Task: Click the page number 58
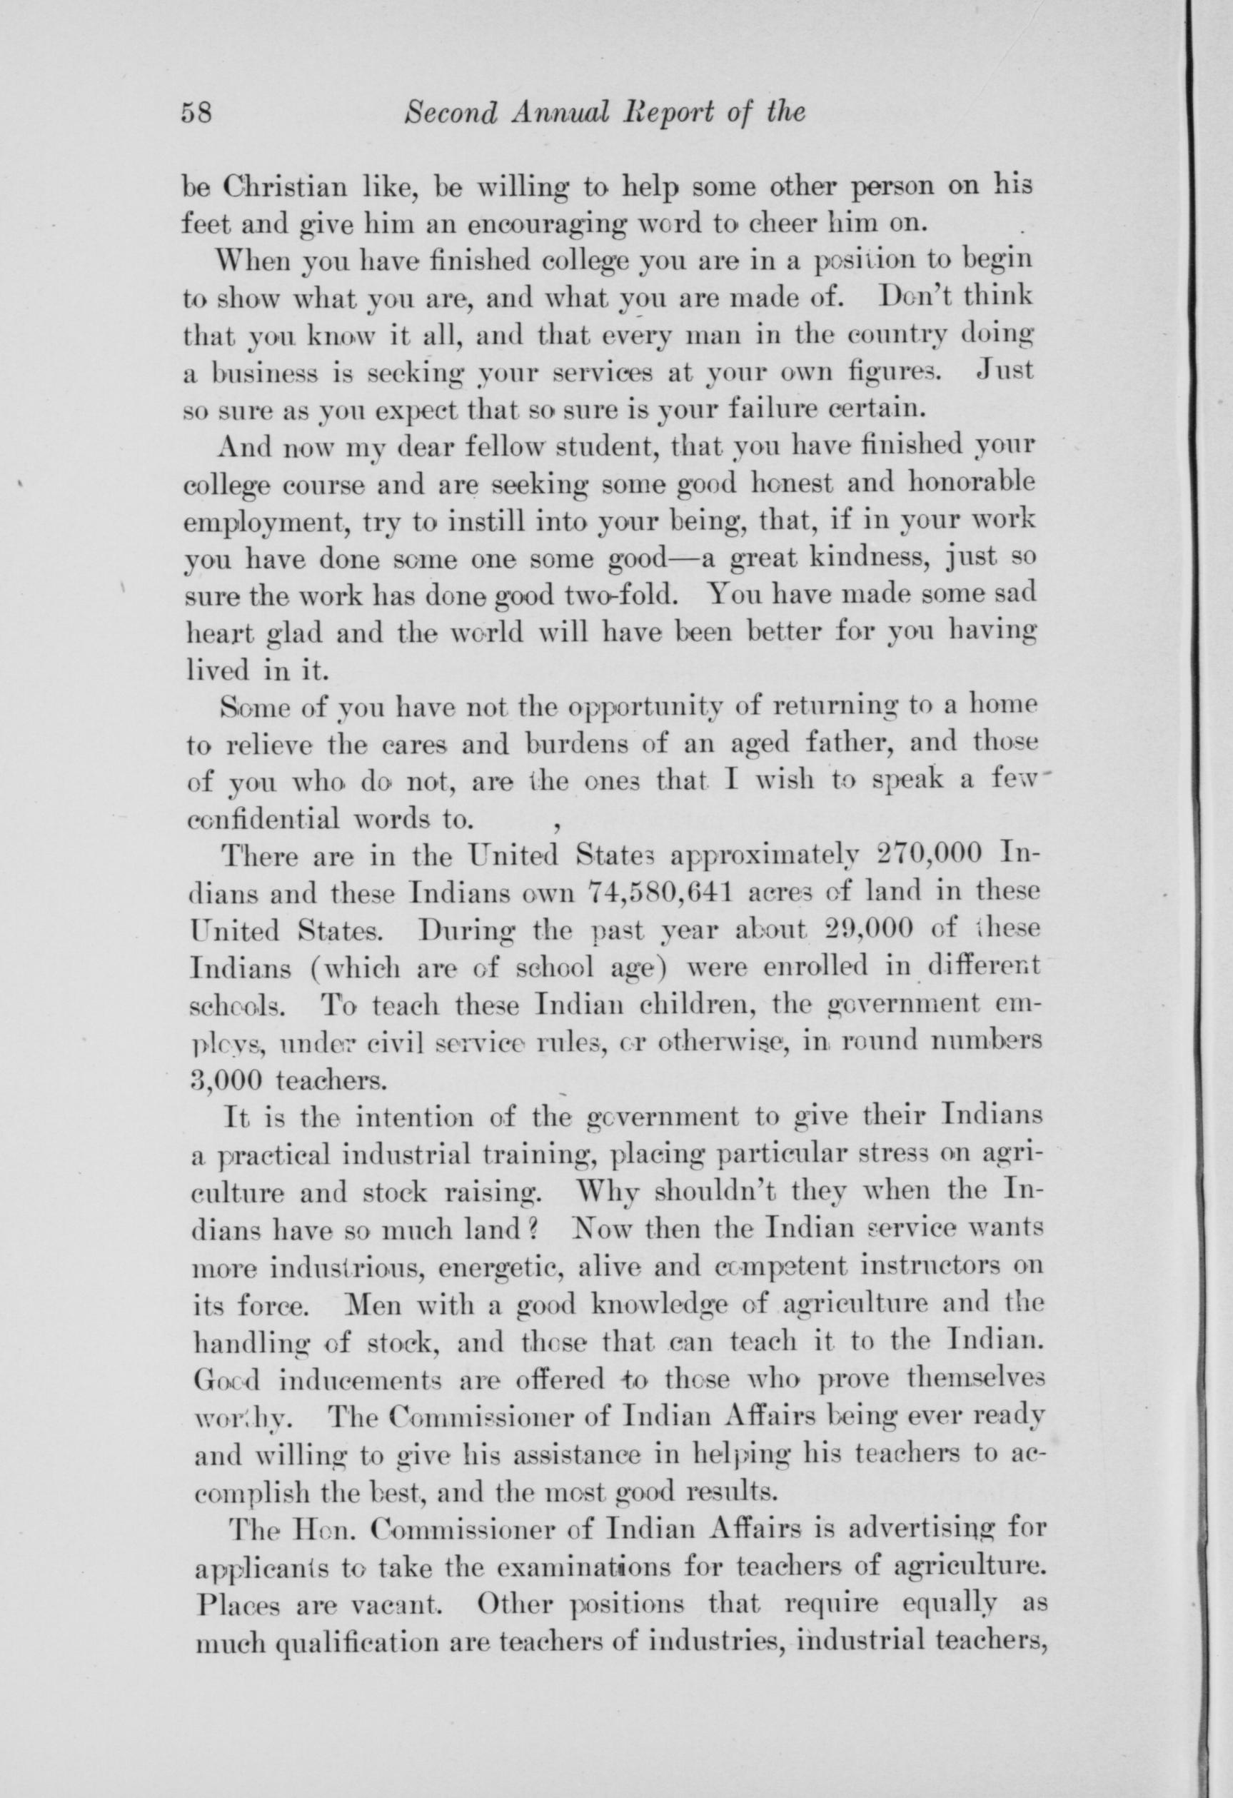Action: (x=196, y=114)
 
